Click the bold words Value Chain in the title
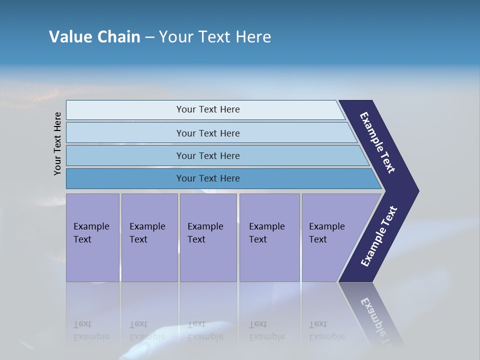[x=94, y=37]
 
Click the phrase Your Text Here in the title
[x=215, y=37]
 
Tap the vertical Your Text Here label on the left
[x=57, y=143]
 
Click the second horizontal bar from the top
[x=207, y=133]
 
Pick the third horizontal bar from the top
[x=207, y=155]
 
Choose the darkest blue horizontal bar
[x=207, y=178]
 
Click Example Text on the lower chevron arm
[x=378, y=236]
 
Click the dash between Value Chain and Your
[x=149, y=37]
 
